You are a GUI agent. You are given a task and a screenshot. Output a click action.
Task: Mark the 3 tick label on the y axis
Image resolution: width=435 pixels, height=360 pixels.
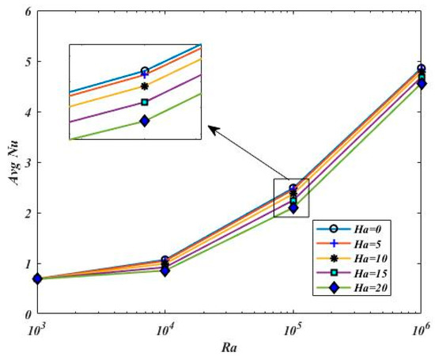click(28, 162)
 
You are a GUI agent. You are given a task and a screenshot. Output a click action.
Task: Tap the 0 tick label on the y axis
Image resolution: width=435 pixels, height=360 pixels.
click(28, 314)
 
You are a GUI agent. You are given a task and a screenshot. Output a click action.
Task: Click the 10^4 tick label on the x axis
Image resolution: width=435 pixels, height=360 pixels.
click(165, 326)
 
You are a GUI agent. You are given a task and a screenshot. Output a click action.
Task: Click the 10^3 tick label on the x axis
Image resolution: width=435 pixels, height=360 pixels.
click(37, 326)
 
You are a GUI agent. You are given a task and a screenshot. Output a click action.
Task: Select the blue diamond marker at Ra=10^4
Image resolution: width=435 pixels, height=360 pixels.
click(165, 271)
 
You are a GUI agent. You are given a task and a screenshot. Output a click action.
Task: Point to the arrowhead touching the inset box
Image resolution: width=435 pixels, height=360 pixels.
click(207, 125)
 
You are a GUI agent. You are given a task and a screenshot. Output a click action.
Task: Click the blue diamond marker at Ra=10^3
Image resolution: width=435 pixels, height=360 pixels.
click(37, 279)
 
